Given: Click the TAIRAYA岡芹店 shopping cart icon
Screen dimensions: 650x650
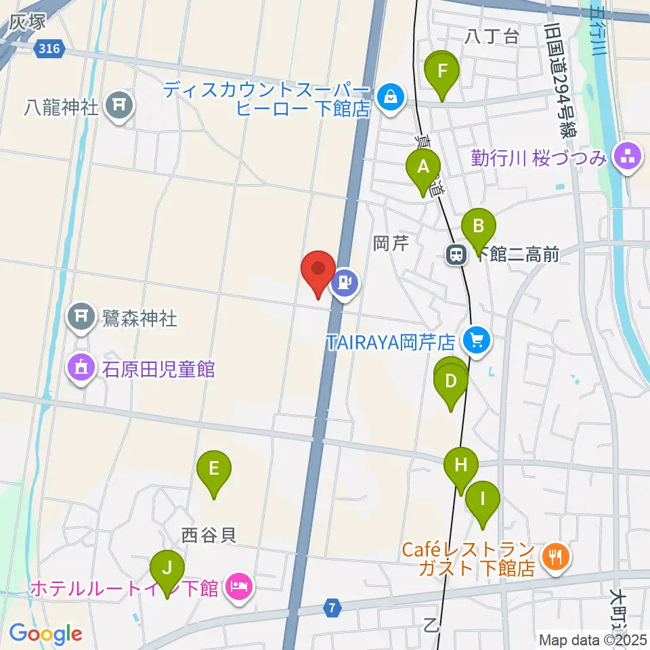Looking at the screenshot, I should tap(477, 340).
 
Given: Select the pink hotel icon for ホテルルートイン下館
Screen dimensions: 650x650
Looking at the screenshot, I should tap(238, 585).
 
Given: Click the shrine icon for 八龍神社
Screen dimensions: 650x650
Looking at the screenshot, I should tap(121, 105).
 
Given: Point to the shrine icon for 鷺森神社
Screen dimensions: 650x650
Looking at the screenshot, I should tap(81, 316).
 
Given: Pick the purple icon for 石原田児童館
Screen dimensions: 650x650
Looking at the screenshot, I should tap(81, 369).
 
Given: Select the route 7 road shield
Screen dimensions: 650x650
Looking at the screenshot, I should tap(331, 607).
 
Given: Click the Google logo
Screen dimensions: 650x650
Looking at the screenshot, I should tap(45, 634).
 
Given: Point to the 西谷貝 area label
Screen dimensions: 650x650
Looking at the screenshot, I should tap(209, 536).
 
